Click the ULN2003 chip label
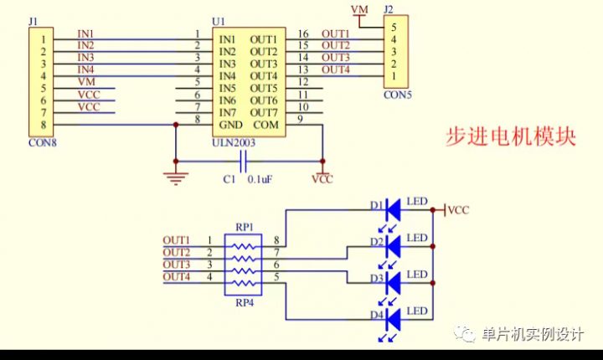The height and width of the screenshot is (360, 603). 234,142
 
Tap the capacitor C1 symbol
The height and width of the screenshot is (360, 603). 243,162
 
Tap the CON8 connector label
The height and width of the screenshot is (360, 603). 43,142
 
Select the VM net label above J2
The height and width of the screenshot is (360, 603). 360,9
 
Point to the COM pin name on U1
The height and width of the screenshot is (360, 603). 265,125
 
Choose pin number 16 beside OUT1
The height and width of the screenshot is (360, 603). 303,33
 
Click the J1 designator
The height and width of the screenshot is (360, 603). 33,19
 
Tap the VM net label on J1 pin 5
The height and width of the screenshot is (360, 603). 86,82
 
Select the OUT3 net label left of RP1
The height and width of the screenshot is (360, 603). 177,265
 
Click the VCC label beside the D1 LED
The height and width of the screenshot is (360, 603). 458,211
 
